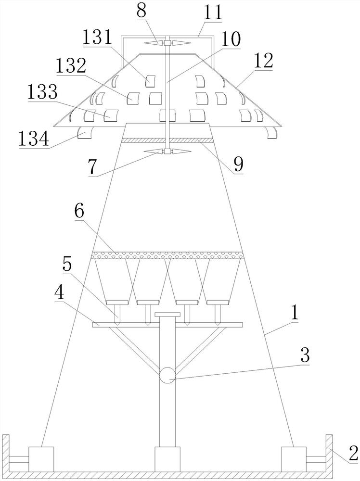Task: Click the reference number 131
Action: point(97,38)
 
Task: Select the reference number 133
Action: point(42,92)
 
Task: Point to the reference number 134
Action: point(34,139)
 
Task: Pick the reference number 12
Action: point(263,61)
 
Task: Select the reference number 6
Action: point(79,211)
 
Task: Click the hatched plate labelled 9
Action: point(167,140)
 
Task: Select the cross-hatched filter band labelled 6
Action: point(167,255)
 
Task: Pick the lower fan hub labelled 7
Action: point(167,151)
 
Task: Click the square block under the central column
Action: point(167,459)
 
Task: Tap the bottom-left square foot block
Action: point(41,459)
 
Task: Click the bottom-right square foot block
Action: point(294,459)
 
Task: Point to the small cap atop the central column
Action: point(167,315)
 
